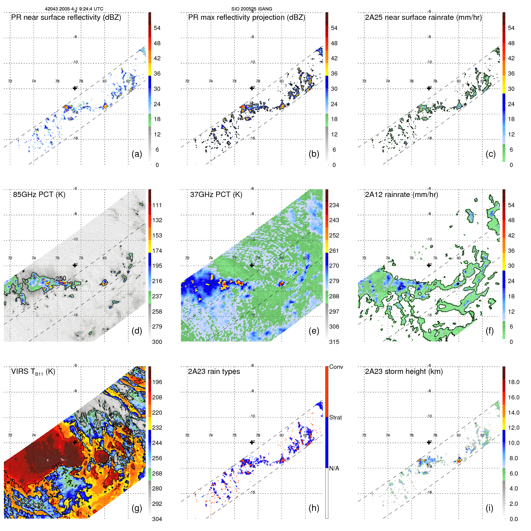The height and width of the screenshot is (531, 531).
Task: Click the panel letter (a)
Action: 137,154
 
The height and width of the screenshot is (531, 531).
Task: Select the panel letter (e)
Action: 314,331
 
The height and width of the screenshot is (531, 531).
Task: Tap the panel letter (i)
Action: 489,508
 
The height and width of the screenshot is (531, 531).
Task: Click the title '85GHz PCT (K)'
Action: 39,194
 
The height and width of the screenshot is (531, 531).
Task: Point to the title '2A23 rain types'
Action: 214,371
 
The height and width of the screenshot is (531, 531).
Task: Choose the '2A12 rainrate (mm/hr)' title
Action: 401,194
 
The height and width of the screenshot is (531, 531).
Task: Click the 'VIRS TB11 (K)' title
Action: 33,372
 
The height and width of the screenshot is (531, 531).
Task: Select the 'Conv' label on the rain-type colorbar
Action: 336,367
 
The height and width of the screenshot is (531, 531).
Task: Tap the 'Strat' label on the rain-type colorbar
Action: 335,417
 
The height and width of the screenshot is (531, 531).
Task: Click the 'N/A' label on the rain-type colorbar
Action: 334,468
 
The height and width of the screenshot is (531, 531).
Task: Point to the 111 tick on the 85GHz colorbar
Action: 157,205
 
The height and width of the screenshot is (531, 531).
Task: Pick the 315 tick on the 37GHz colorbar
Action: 334,342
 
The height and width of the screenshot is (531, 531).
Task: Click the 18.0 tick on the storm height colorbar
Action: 513,382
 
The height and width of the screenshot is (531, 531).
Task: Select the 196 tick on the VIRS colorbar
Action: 157,382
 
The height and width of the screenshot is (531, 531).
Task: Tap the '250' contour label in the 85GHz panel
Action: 61,278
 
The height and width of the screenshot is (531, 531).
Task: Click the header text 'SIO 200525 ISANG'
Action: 252,9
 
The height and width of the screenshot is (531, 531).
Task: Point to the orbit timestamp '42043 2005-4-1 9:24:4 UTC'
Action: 74,9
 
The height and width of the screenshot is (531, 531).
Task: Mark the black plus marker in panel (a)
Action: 75,88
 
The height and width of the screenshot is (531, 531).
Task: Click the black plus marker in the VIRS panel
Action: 75,442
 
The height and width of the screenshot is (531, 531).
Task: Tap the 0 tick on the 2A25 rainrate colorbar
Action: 511,165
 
